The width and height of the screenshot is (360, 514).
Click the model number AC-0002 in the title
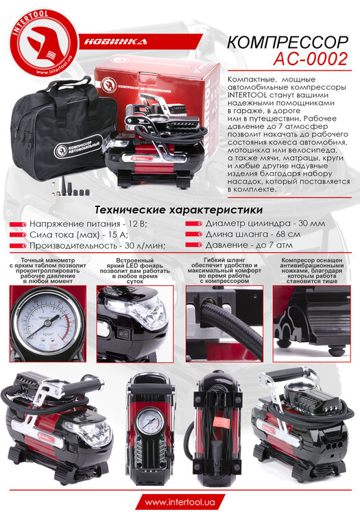click(312, 60)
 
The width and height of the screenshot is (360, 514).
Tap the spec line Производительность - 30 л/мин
click(96, 245)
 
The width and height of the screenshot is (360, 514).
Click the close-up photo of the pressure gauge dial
click(48, 321)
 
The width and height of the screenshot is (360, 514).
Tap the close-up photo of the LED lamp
click(135, 321)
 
